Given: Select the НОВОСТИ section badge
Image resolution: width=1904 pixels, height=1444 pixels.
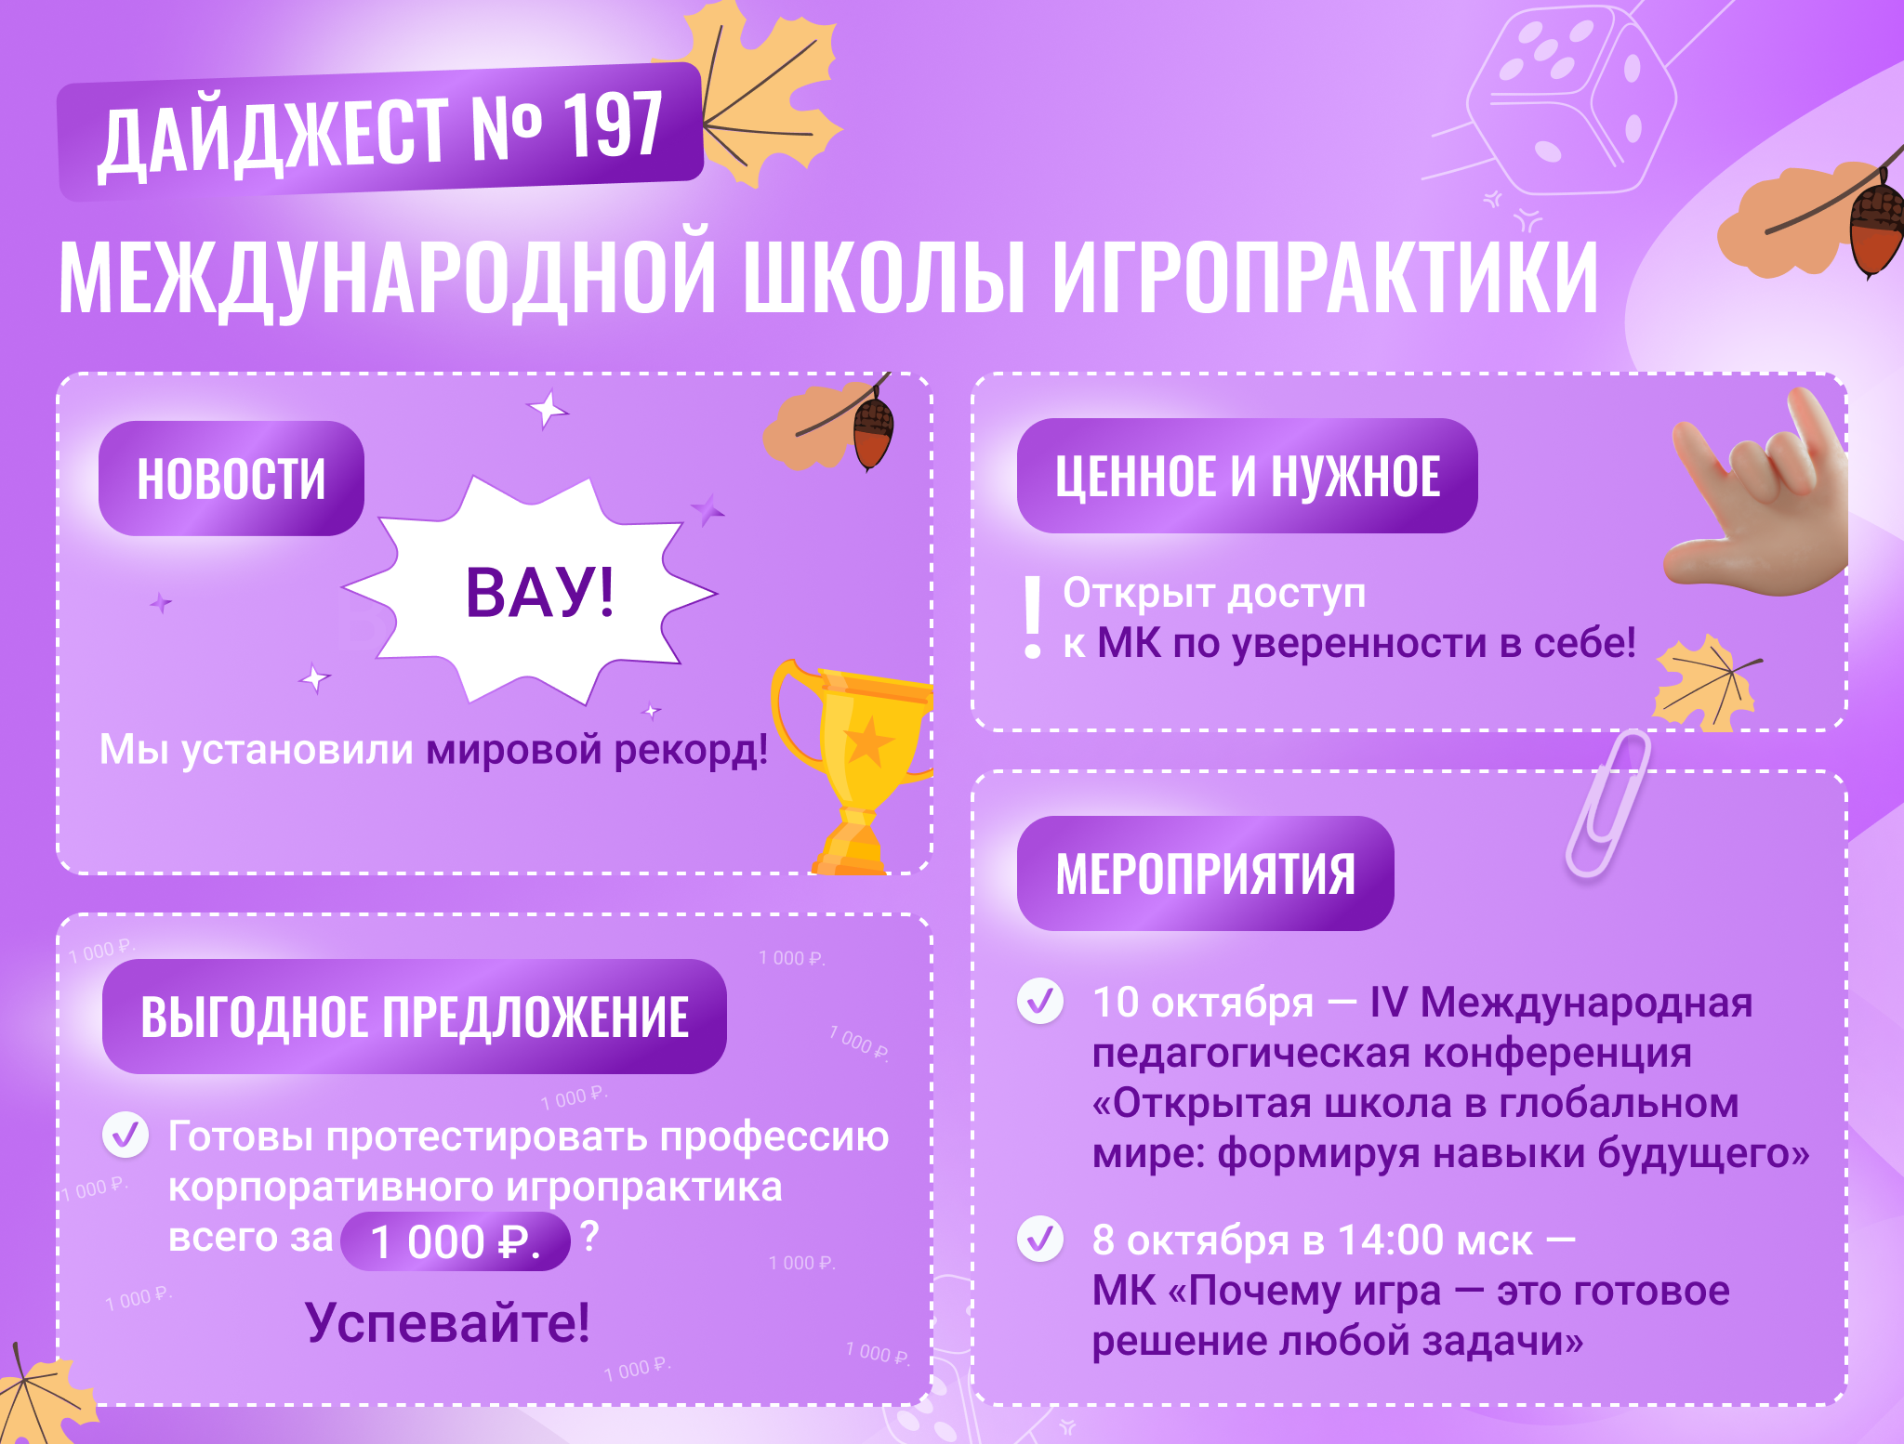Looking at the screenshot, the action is pos(231,479).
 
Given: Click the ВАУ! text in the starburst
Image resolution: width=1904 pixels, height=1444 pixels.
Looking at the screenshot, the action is pos(539,592).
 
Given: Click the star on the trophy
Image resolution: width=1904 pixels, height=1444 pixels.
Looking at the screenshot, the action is pos(867,742).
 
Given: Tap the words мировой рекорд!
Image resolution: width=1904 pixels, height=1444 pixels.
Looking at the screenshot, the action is pos(597,750).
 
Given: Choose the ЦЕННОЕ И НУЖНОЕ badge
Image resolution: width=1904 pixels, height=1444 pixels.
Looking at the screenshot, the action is pos(1248,476).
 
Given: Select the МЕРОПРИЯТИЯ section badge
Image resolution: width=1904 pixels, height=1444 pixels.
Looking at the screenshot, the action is pos(1206,873).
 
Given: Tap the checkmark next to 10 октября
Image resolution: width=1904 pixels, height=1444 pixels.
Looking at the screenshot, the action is pos(1040,1002).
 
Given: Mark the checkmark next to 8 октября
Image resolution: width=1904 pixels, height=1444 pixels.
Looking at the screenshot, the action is pos(1040,1239).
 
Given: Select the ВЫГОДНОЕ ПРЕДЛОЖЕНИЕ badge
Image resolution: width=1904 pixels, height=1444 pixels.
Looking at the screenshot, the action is pos(415,1017).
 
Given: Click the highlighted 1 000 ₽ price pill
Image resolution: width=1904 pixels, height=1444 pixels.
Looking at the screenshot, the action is pos(456,1241).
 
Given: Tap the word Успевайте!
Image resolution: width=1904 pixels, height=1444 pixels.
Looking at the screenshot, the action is pos(447,1322).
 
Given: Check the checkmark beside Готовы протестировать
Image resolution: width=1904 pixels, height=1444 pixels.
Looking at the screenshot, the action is pos(126,1135).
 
